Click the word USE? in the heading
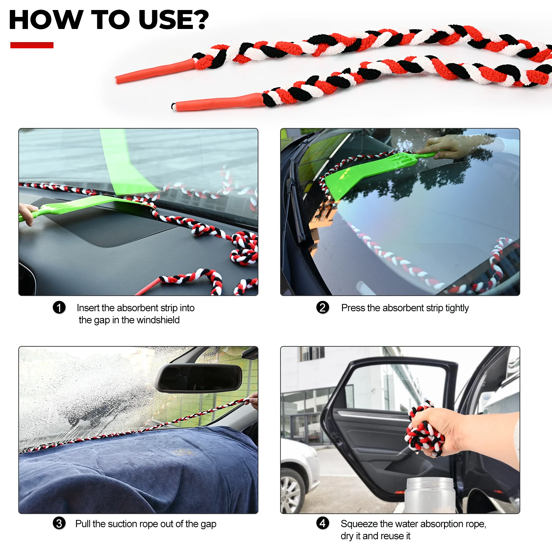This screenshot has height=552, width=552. [x=174, y=20]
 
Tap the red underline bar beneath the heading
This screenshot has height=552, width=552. [x=32, y=45]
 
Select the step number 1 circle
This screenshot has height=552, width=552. [x=59, y=307]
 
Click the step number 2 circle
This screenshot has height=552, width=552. [x=323, y=307]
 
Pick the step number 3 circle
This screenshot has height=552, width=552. [x=59, y=523]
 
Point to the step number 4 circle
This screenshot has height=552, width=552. [x=323, y=523]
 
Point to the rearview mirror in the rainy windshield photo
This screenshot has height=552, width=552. [x=199, y=378]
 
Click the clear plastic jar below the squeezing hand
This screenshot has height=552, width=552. [x=430, y=495]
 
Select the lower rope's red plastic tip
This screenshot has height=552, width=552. [x=217, y=102]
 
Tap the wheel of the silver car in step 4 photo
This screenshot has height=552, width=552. [x=292, y=491]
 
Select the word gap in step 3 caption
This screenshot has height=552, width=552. [x=208, y=525]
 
